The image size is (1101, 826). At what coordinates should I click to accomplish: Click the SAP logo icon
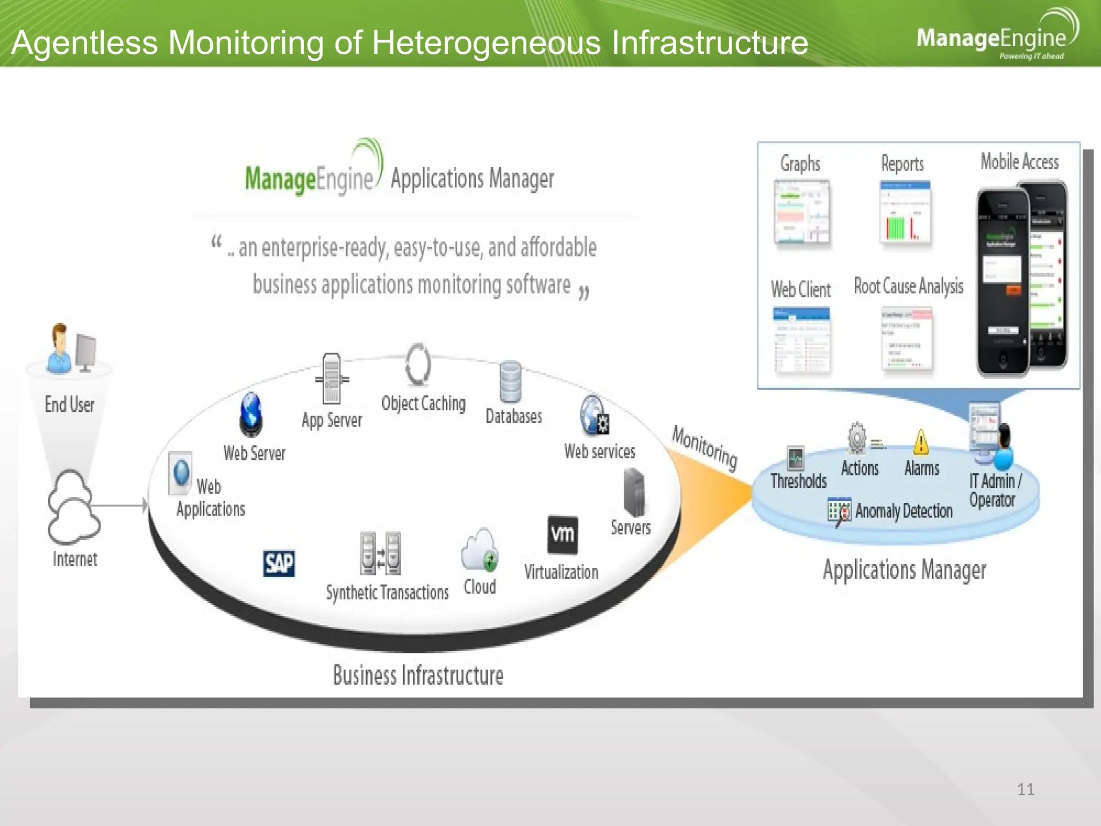[279, 563]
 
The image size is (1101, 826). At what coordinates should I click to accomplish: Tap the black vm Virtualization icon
[562, 535]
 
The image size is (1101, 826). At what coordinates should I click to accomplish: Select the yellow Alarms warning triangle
[921, 442]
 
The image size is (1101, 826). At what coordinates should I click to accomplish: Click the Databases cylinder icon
[510, 382]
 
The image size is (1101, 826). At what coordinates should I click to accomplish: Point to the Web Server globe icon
[251, 414]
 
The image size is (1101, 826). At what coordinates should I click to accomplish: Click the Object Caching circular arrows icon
[418, 365]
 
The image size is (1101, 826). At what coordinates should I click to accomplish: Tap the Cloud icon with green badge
[480, 550]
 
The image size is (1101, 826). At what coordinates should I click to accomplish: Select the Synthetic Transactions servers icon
[381, 553]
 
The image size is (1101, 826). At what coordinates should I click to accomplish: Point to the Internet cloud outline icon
[73, 508]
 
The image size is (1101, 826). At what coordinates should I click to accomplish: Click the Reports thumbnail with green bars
[905, 212]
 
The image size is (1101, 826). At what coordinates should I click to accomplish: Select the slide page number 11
[1025, 789]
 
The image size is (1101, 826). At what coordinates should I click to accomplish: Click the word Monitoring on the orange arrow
[704, 446]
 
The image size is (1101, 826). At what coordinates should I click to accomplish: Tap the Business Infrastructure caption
[418, 675]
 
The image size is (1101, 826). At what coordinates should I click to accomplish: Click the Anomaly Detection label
[904, 511]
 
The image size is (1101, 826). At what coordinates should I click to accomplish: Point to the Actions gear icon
[857, 438]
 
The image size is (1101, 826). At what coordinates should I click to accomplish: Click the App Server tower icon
[332, 379]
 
